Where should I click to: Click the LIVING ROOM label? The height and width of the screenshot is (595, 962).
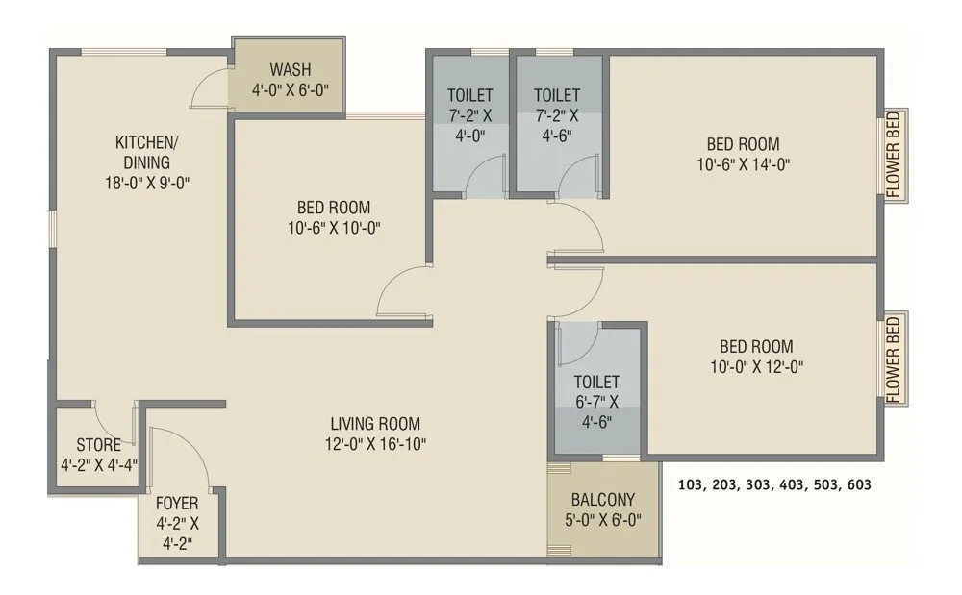click(375, 423)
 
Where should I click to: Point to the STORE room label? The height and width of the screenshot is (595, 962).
click(98, 445)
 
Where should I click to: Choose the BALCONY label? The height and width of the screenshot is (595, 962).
click(602, 500)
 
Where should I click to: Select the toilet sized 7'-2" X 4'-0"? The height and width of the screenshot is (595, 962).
click(469, 114)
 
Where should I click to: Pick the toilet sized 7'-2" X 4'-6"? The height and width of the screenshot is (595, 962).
click(557, 114)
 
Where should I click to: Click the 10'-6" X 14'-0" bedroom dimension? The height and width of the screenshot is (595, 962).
click(744, 164)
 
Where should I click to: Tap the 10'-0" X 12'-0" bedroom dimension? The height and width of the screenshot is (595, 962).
click(756, 366)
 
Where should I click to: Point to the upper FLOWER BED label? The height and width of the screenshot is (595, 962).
click(894, 155)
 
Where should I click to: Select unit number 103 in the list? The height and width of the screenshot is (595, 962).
click(690, 485)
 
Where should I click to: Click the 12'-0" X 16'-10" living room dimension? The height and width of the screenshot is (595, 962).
click(375, 444)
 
